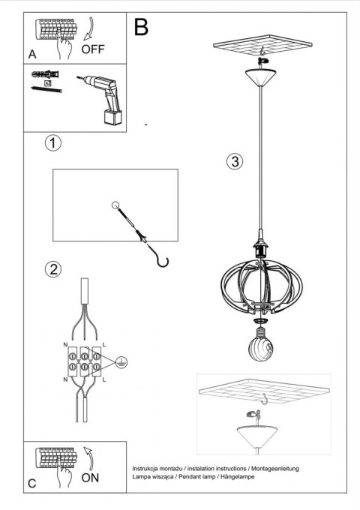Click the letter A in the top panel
[32, 55]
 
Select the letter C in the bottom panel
[32, 484]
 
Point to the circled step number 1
[52, 142]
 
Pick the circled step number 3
[235, 162]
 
